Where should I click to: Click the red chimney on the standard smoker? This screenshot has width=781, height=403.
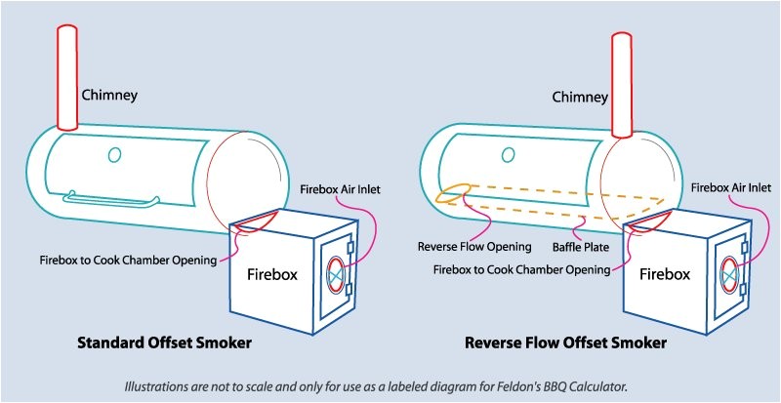[x=67, y=77]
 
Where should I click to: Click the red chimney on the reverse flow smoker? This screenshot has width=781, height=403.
[x=622, y=85]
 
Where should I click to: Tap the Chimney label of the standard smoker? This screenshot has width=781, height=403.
[x=109, y=96]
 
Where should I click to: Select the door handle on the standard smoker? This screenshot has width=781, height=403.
[x=111, y=199]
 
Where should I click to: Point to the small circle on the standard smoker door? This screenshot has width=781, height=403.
[x=115, y=155]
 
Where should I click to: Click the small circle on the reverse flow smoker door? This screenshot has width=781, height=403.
[x=508, y=155]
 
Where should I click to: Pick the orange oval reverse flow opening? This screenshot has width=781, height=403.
[x=453, y=193]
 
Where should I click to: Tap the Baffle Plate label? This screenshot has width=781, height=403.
[x=581, y=247]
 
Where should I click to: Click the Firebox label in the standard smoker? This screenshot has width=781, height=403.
[x=272, y=274]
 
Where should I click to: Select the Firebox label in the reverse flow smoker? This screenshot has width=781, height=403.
[x=665, y=273]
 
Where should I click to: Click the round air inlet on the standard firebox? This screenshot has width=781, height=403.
[x=336, y=273]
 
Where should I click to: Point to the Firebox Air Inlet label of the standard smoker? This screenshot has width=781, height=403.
[x=340, y=190]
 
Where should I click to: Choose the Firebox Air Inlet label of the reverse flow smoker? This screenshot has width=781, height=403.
[x=731, y=187]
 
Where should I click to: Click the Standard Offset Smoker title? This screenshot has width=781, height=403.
[x=164, y=343]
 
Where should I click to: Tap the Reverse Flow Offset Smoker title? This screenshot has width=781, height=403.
[x=565, y=343]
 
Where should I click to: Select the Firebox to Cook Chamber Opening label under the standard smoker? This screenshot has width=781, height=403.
[x=129, y=260]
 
